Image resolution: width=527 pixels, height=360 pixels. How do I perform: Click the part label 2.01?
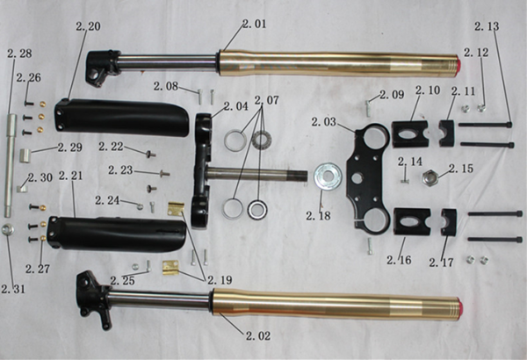pos(255,24)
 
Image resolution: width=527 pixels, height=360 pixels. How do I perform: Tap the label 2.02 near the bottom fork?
pos(258,335)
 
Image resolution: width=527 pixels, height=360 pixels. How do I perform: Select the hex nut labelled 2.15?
pos(430,176)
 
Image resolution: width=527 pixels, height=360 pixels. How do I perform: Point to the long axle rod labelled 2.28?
pos(11,165)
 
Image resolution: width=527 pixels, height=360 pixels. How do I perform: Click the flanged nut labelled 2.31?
pos(7,229)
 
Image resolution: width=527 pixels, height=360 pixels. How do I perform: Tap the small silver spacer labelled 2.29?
pos(25,155)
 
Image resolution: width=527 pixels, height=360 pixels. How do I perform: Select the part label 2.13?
pos(487,26)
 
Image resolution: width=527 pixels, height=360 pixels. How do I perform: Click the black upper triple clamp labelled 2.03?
pos(368,179)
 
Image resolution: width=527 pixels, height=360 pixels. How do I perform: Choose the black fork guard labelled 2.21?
pos(117,234)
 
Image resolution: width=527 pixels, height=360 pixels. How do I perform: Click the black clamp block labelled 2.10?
pos(410,133)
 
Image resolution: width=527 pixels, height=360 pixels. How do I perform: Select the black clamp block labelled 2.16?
pos(412,221)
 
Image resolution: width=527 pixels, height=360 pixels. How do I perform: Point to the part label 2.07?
pos(266,100)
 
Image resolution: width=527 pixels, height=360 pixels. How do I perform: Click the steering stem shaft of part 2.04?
pos(258,175)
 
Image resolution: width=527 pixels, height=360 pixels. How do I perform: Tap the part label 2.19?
pos(220,280)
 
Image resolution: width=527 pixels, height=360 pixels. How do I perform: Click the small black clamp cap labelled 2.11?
pos(447,133)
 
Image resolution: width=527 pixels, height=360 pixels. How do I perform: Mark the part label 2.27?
pos(38,269)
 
